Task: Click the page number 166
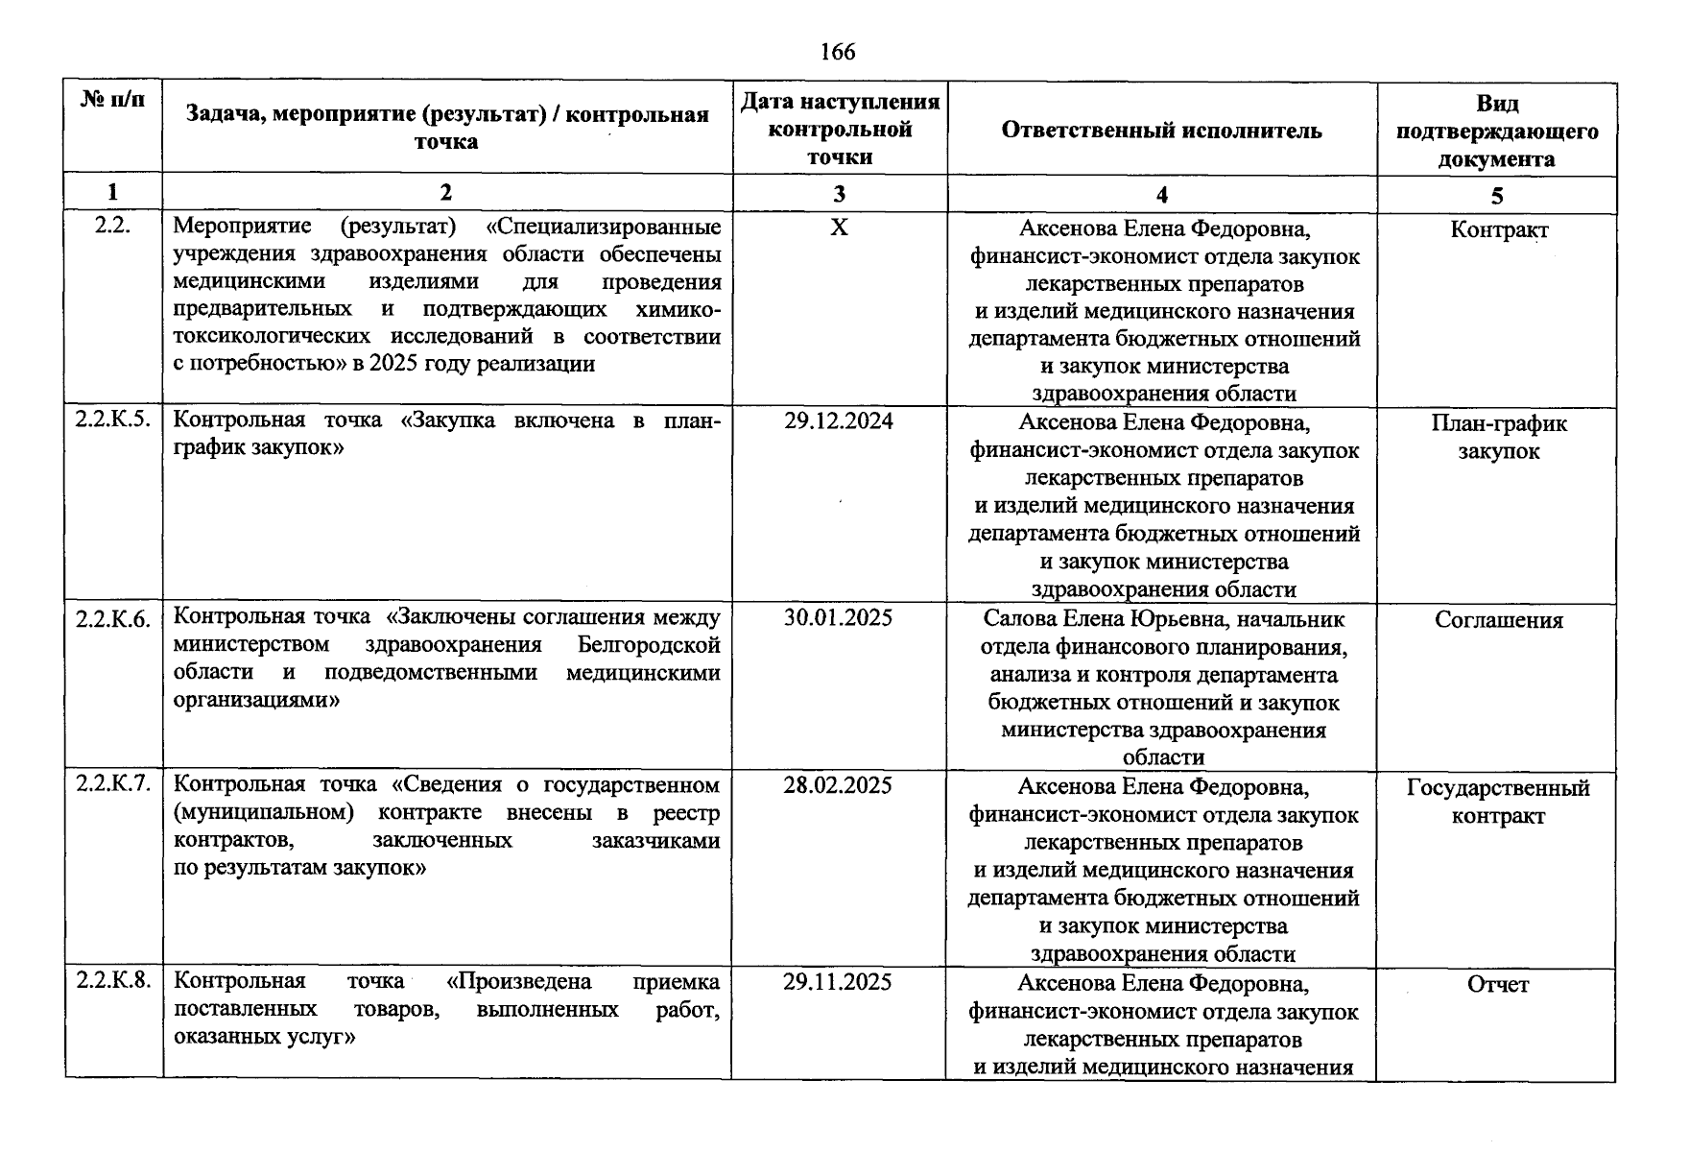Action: tap(838, 52)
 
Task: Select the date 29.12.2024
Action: tap(838, 420)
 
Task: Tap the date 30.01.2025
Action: tap(838, 617)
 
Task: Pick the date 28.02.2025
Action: tap(838, 785)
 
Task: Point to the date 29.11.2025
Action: tap(838, 982)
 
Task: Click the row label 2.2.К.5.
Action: tap(113, 420)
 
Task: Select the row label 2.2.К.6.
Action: tap(113, 619)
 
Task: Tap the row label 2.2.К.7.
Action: tap(113, 784)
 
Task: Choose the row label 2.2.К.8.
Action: tap(113, 981)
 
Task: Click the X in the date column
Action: tap(839, 228)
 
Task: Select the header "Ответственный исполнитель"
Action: tap(1161, 131)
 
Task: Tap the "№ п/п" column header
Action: tap(113, 100)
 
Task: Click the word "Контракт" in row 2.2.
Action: tap(1499, 230)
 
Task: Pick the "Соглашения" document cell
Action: tap(1499, 620)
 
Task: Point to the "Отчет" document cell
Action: tap(1498, 984)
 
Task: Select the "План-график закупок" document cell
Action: tap(1499, 438)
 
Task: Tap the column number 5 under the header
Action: tap(1497, 196)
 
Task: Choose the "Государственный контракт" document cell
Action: tap(1498, 802)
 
